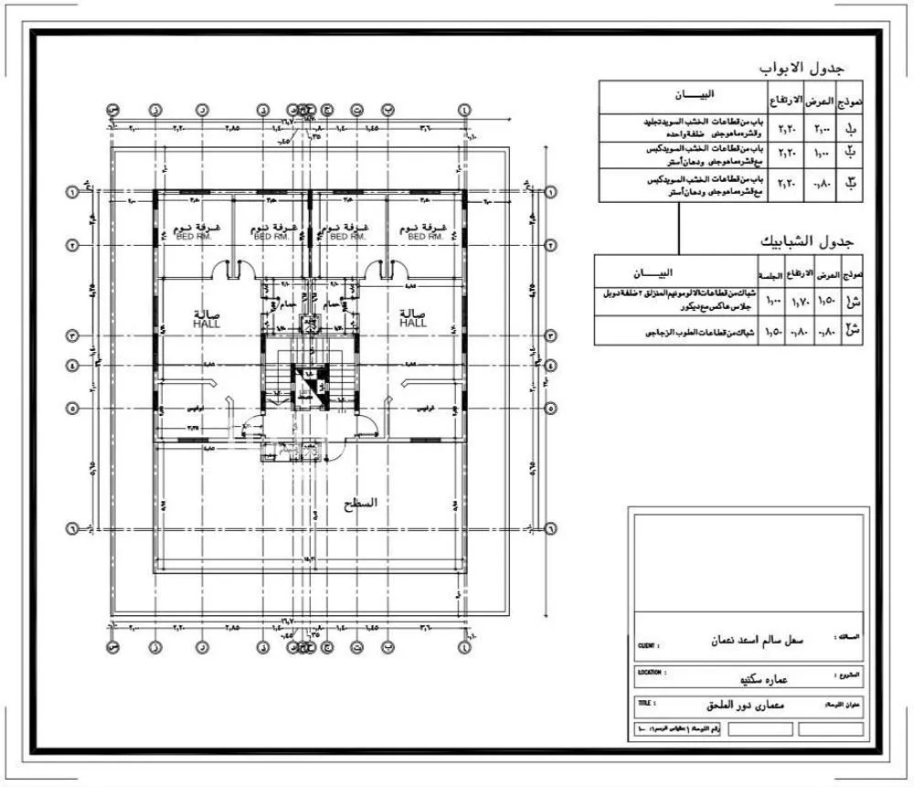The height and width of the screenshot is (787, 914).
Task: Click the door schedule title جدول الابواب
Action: tap(802, 69)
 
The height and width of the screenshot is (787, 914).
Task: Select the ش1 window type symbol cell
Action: tap(853, 301)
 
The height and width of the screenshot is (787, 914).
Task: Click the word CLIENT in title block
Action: tap(649, 645)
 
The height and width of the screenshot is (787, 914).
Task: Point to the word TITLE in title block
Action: tap(646, 704)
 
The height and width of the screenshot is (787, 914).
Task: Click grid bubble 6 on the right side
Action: tap(551, 528)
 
